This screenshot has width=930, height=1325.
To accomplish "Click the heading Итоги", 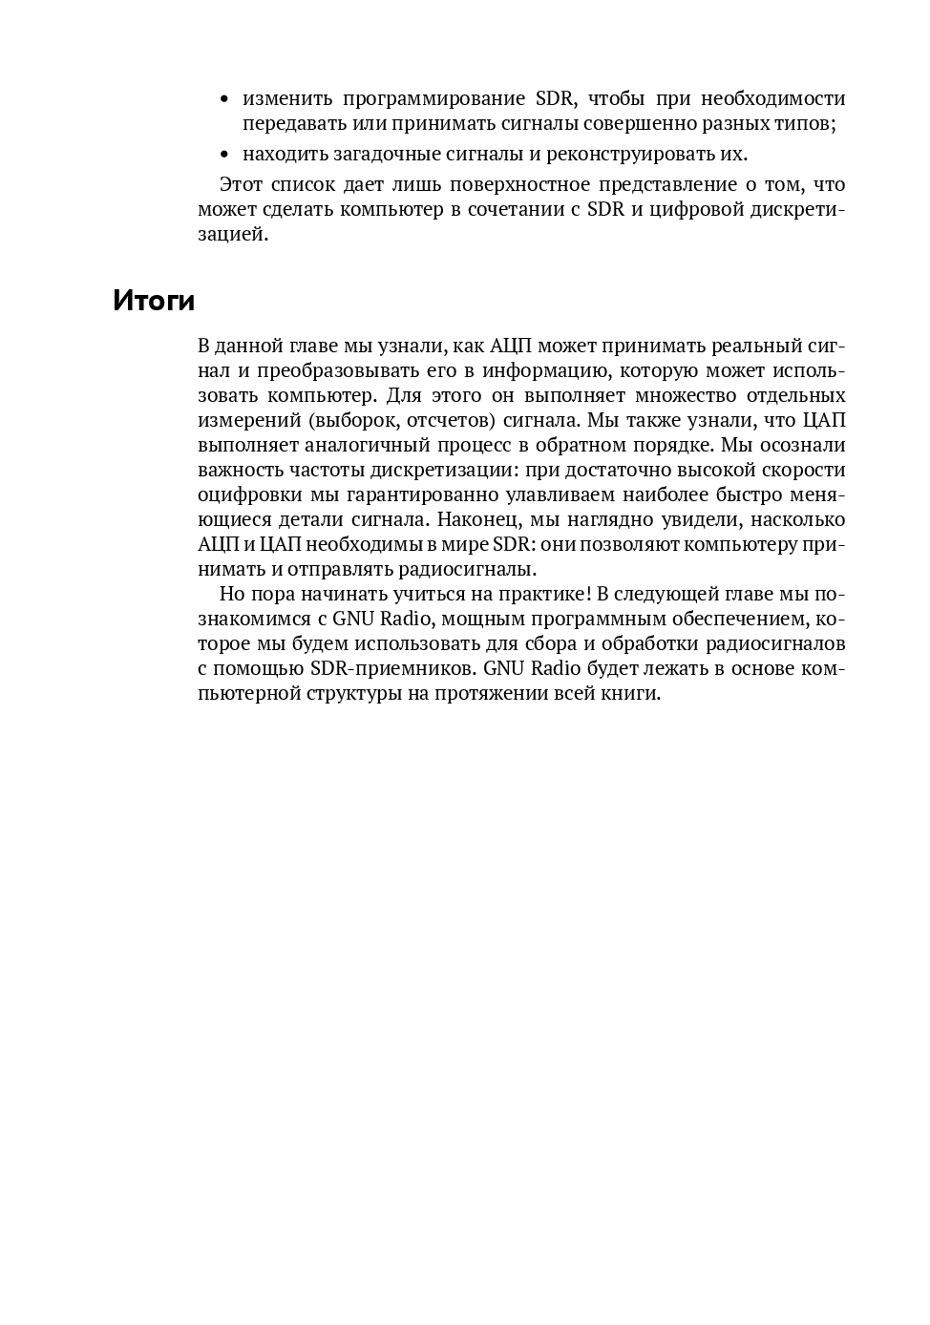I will pos(154,301).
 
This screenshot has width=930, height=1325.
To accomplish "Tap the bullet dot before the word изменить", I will pos(224,99).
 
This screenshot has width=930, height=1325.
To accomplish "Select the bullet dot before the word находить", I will pos(224,155).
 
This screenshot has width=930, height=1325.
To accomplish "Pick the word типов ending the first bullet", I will pos(809,124).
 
